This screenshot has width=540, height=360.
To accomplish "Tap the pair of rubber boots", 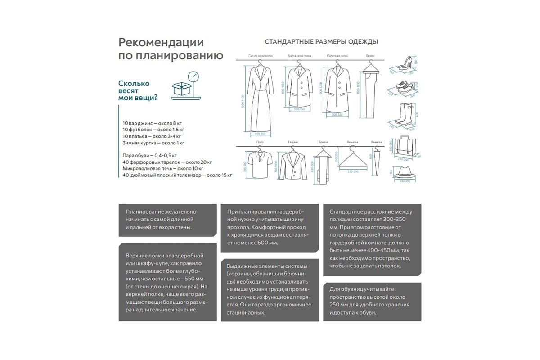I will [402, 114].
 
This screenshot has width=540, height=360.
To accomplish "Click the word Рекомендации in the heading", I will [161, 43].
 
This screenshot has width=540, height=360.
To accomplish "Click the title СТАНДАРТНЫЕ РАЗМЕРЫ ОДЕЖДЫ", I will [321, 42].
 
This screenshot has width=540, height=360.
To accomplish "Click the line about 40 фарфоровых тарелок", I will [167, 162].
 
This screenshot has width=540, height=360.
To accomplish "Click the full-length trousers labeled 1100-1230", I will [371, 92].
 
